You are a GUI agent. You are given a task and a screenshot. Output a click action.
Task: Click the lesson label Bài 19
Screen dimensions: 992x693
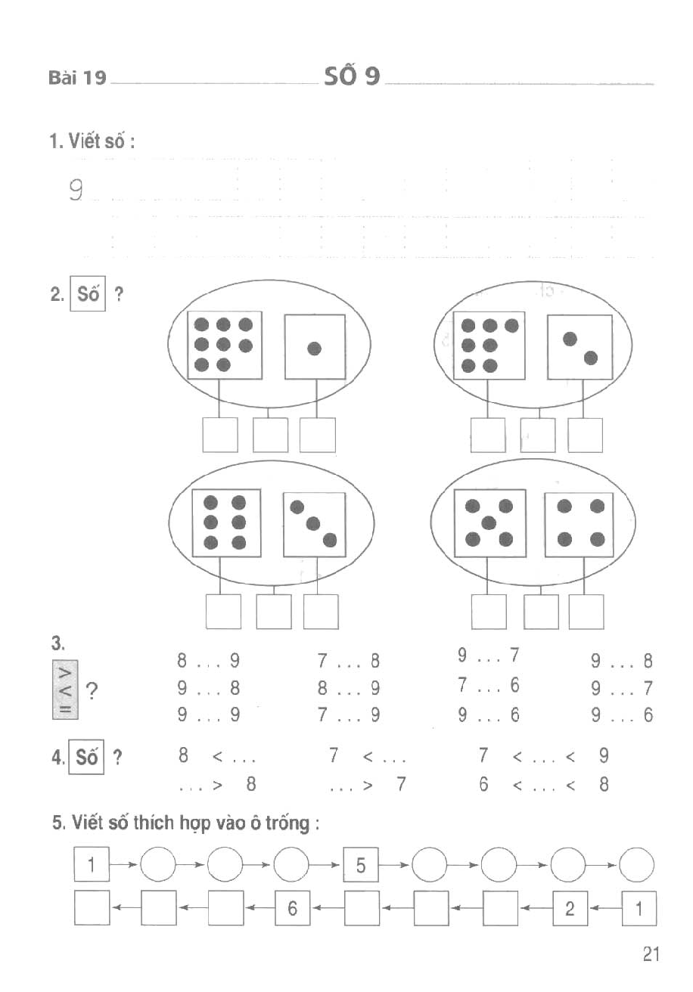[76, 78]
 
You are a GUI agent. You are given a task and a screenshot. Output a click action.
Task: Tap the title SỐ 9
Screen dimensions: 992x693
[352, 76]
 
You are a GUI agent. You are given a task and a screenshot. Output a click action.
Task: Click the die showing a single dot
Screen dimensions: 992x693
[315, 347]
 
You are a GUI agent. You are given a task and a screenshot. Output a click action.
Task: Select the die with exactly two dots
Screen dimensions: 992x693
[580, 347]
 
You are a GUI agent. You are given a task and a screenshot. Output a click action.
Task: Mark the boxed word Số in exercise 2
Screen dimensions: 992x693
[89, 294]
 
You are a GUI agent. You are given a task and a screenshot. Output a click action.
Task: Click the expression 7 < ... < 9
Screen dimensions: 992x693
[543, 755]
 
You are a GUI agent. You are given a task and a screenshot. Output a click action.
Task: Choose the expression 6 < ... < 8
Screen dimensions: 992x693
[543, 785]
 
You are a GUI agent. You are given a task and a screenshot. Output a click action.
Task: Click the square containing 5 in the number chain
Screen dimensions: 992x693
[361, 866]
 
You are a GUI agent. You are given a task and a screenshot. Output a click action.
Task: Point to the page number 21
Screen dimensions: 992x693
[651, 955]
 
